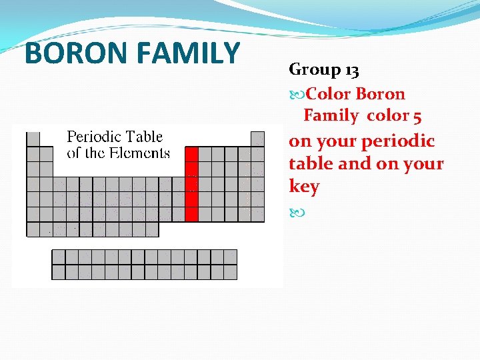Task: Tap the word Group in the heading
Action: click(x=315, y=70)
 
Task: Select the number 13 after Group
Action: click(x=351, y=70)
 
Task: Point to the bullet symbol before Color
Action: click(x=296, y=94)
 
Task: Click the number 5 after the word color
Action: click(x=417, y=116)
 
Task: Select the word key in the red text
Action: click(x=304, y=187)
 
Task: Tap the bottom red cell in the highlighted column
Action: click(x=191, y=214)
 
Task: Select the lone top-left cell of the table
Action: click(x=33, y=139)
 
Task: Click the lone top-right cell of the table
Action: click(x=257, y=139)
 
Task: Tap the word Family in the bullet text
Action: click(x=331, y=116)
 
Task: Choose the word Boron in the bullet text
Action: click(x=380, y=94)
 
